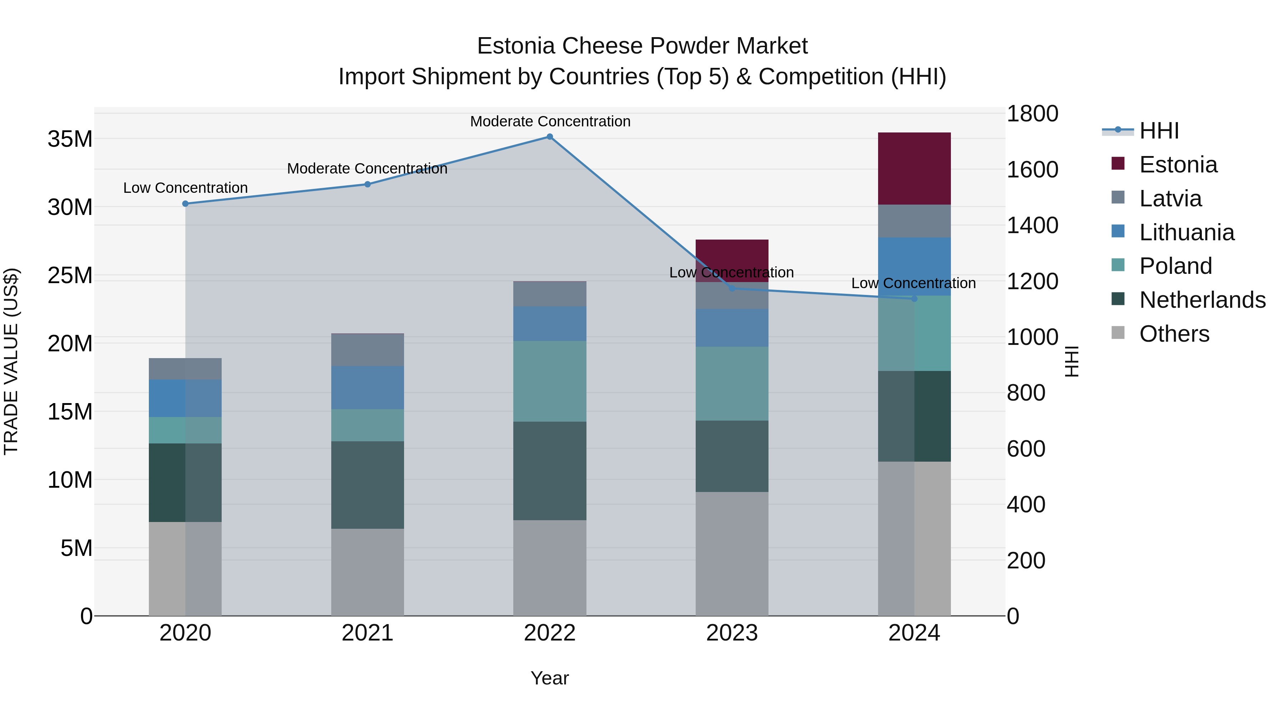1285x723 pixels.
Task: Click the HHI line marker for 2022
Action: click(550, 137)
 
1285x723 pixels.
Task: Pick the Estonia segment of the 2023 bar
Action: click(732, 261)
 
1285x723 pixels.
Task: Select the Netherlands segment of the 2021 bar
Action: click(368, 485)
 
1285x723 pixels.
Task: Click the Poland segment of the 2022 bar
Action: click(550, 381)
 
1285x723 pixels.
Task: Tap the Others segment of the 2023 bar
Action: click(732, 554)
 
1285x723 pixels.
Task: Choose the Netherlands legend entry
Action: click(1202, 300)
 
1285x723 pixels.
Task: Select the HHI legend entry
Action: click(1159, 131)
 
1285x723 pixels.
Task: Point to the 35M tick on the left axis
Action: click(70, 139)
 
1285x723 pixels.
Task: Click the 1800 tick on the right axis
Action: click(1032, 114)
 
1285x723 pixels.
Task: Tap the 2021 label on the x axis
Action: click(368, 633)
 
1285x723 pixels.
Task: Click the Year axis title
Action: click(550, 678)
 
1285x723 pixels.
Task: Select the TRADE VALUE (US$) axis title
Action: click(11, 361)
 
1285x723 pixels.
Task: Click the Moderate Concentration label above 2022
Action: click(550, 121)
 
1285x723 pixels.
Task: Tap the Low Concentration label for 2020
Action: click(186, 187)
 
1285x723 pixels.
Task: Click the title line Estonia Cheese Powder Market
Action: click(642, 46)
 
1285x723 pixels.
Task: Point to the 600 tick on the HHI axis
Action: click(1026, 448)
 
